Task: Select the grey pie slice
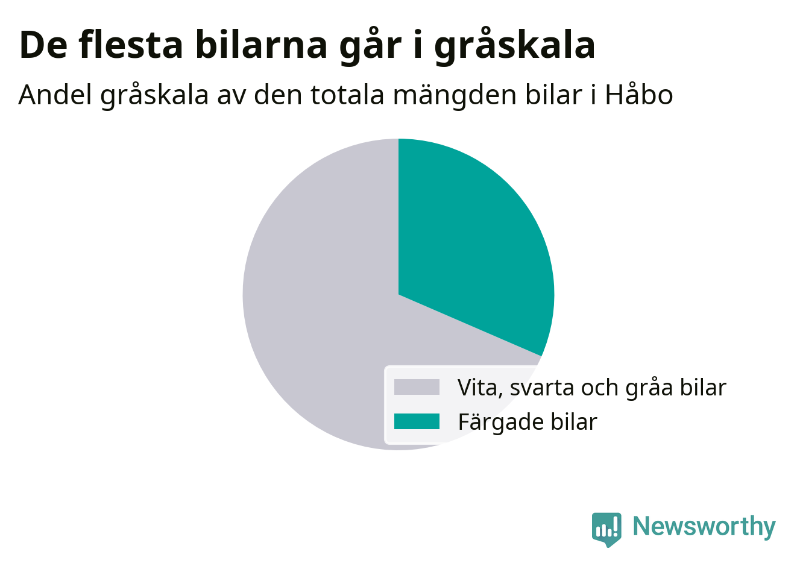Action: [x=320, y=320]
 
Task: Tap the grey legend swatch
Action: [x=417, y=387]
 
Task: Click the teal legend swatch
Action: [x=417, y=421]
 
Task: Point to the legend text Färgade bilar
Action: [x=528, y=423]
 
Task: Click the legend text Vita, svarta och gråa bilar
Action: [x=591, y=388]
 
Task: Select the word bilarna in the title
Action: [x=262, y=45]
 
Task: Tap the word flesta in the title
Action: [x=131, y=45]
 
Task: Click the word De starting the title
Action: [x=43, y=46]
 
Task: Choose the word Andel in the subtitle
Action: [x=55, y=95]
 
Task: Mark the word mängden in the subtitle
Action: [x=455, y=96]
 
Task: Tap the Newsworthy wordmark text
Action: [x=704, y=527]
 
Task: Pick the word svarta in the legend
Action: [x=541, y=388]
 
